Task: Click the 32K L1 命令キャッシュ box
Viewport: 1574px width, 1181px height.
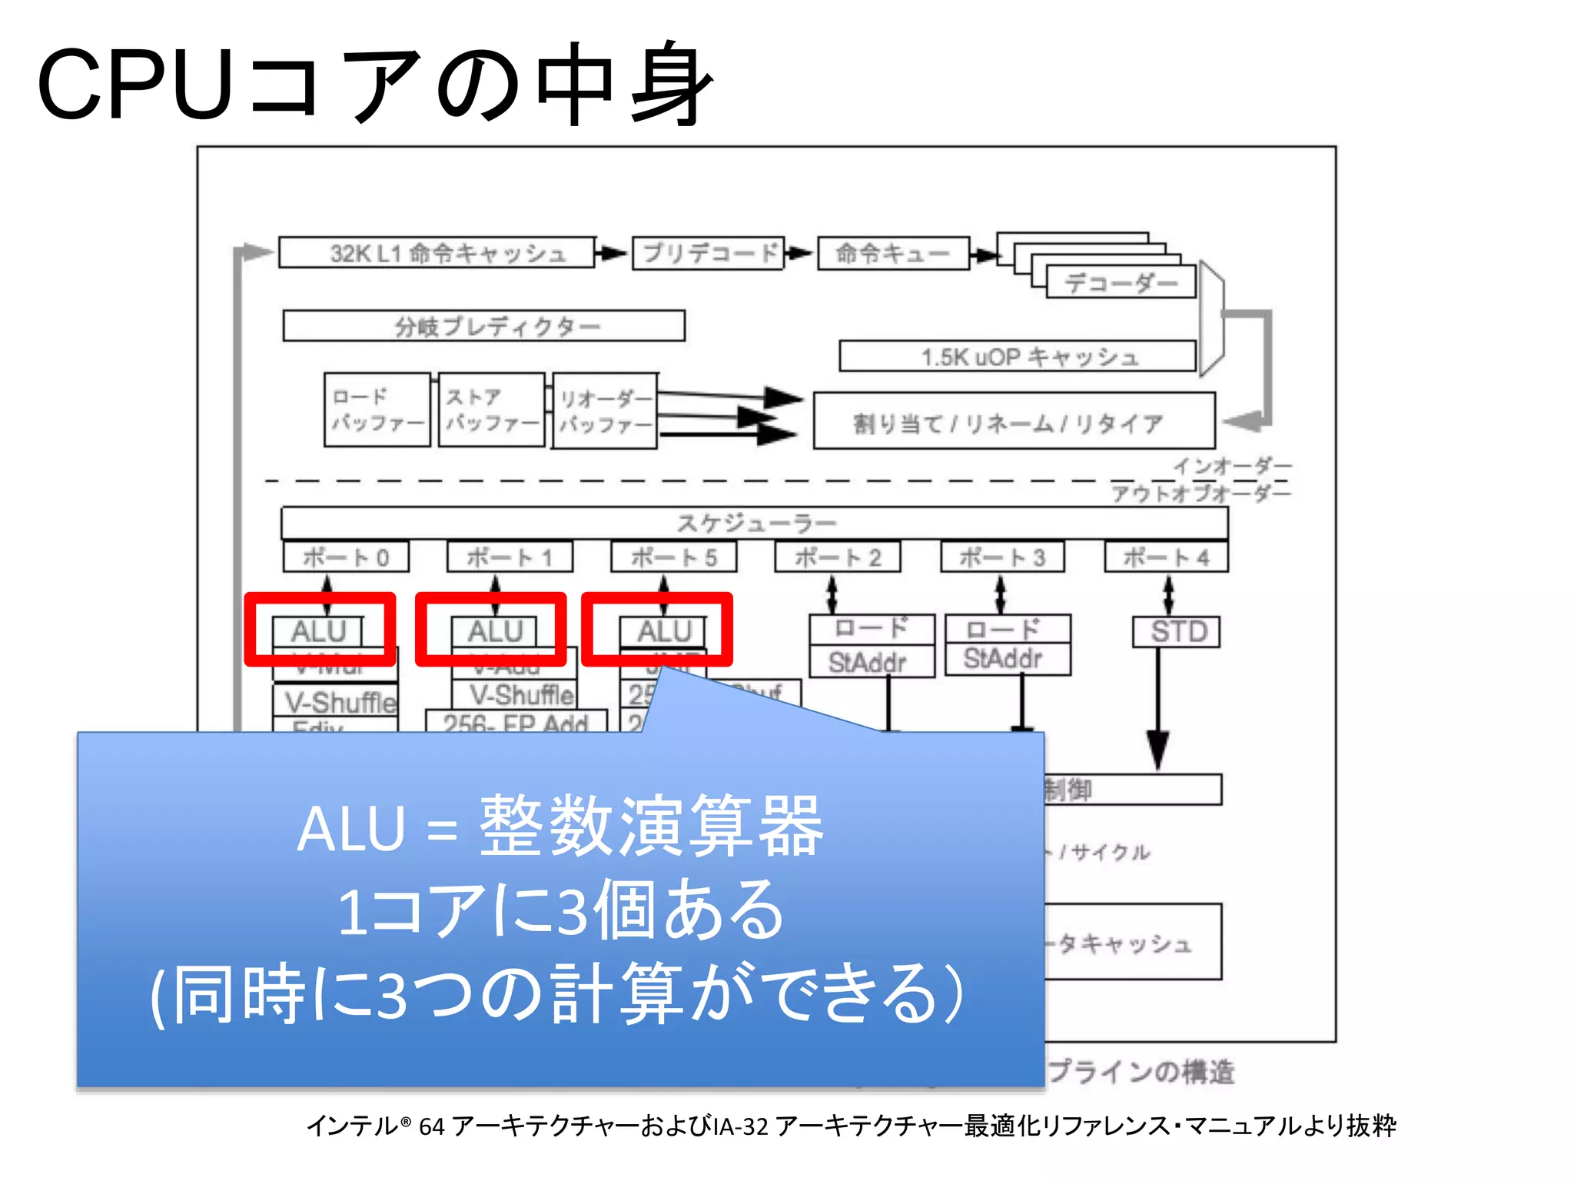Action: point(437,252)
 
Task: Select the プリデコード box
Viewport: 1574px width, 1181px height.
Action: point(708,253)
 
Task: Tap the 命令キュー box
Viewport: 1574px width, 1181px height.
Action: point(893,253)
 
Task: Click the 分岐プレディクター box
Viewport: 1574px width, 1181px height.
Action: point(483,326)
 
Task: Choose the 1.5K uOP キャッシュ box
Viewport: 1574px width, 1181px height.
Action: point(1018,357)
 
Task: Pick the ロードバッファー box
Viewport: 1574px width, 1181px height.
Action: point(377,409)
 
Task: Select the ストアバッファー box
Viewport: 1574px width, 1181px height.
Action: point(491,409)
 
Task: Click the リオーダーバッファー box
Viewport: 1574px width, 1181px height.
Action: point(604,411)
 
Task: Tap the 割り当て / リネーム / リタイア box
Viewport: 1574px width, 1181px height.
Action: point(1013,421)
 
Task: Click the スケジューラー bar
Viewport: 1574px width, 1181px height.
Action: point(754,523)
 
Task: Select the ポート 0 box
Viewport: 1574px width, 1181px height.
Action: point(345,557)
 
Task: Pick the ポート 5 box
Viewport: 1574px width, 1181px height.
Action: point(673,557)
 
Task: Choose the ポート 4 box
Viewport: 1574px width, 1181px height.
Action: point(1166,557)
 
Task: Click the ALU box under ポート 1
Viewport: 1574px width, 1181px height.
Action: point(494,631)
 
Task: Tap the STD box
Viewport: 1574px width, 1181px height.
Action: point(1176,632)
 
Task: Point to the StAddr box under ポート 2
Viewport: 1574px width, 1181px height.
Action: point(871,662)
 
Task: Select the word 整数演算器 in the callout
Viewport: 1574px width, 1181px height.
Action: point(651,827)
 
